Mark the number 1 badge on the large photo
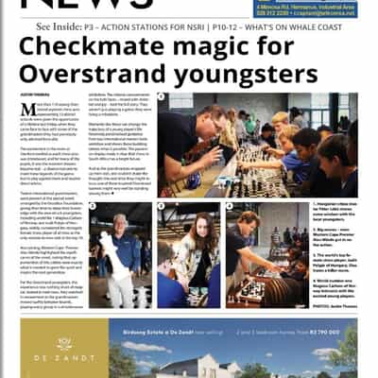161,97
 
